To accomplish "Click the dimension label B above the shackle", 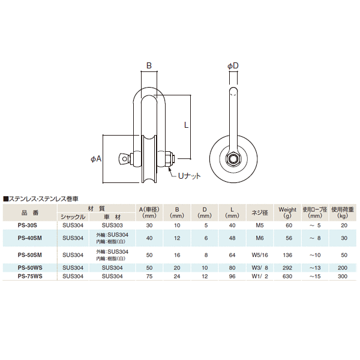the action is pyautogui.click(x=149, y=65).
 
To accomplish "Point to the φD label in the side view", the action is pyautogui.click(x=233, y=66).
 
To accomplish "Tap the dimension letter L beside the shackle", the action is pyautogui.click(x=186, y=125).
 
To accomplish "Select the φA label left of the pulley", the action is pyautogui.click(x=96, y=158).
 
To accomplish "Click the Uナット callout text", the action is pyautogui.click(x=190, y=176).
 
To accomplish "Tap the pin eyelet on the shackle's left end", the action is pyautogui.click(x=124, y=159).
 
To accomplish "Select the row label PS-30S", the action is pyautogui.click(x=28, y=225).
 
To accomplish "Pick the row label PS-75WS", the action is pyautogui.click(x=30, y=276).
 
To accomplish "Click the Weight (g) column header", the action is pyautogui.click(x=287, y=212).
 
